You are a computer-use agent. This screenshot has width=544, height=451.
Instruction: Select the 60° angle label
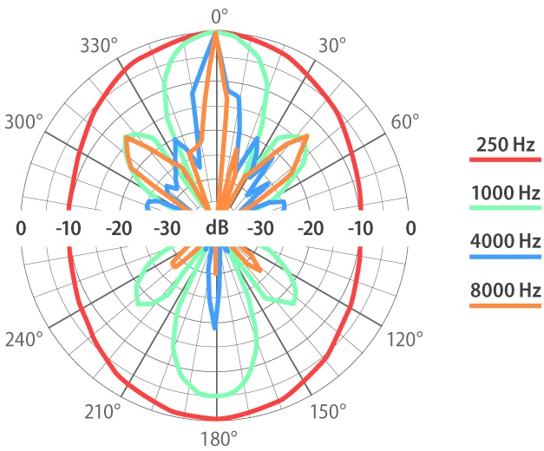(405, 121)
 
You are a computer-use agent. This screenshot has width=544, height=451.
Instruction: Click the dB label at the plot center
(217, 228)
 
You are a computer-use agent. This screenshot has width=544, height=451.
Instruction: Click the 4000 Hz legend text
(505, 240)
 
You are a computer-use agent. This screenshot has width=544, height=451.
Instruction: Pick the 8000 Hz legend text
(505, 289)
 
